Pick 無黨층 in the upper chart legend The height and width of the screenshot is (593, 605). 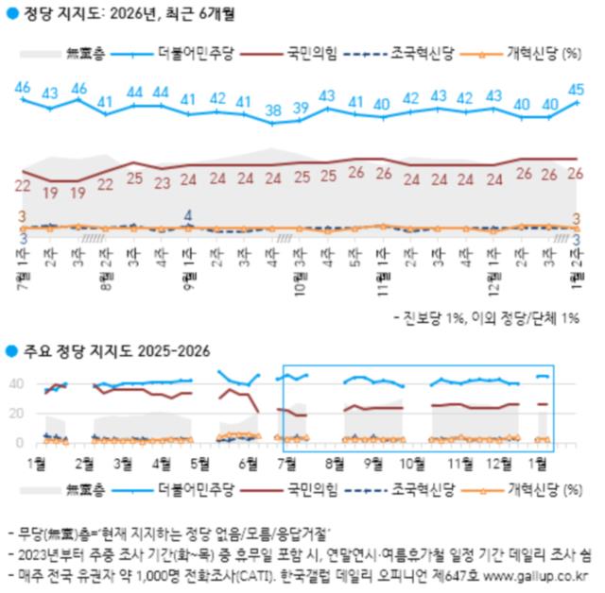coord(82,54)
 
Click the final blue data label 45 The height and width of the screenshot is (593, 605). coord(576,89)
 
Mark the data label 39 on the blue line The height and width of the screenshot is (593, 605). coord(301,108)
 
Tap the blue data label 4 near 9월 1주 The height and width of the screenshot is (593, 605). coord(188,213)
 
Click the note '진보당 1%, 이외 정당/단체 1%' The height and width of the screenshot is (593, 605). coord(492,318)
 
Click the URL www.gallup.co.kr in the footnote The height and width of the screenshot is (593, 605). coord(535,574)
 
